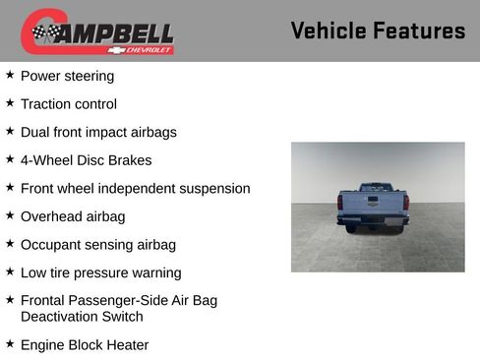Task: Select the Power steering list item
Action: point(67,76)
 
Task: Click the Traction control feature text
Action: point(69,104)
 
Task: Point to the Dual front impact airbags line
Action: point(98,132)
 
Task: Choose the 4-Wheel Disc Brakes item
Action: point(87,160)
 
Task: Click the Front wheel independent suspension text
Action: point(136,188)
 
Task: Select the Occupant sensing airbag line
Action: point(98,245)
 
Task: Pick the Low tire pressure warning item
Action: point(101,272)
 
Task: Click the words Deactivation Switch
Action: point(82,317)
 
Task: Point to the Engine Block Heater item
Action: point(85,345)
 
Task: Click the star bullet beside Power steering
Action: point(10,75)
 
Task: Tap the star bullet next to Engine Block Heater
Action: point(10,344)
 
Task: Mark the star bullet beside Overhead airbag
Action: point(10,215)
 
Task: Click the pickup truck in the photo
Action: point(373,208)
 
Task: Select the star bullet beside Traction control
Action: point(10,103)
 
